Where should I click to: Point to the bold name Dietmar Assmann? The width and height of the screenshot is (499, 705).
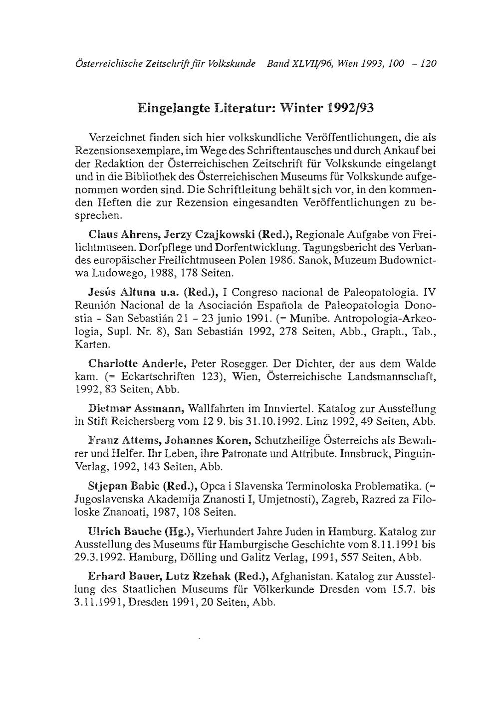pos(136,409)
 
